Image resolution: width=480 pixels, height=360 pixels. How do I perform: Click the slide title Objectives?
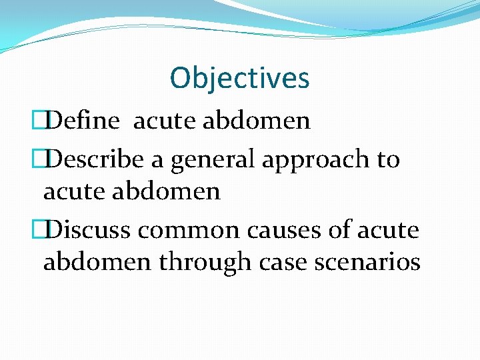pyautogui.click(x=239, y=78)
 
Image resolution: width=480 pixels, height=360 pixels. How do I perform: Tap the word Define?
pyautogui.click(x=83, y=121)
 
